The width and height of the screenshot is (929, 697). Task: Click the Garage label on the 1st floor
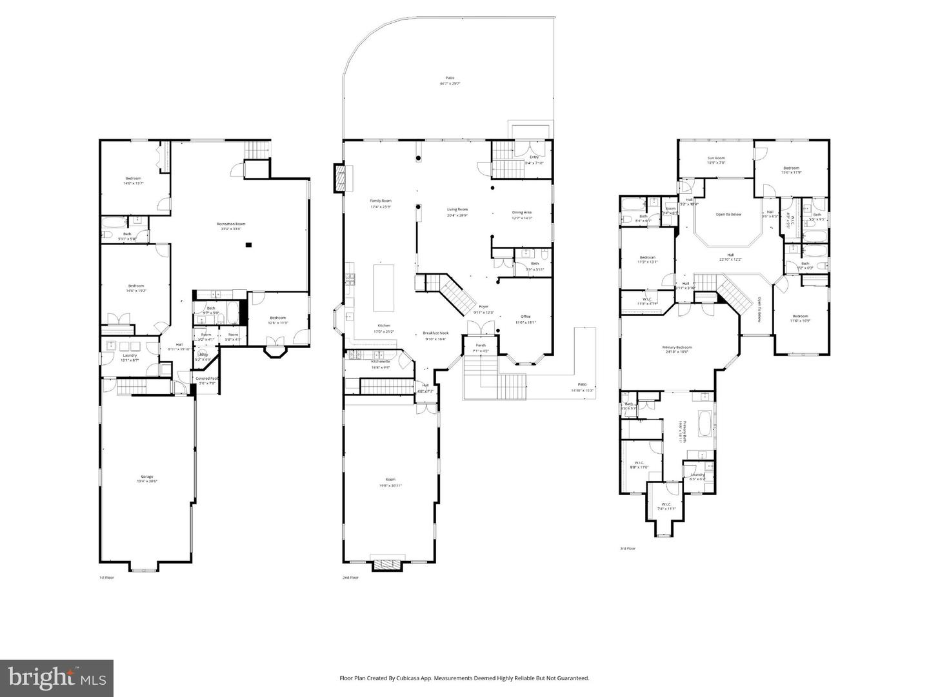coord(147,478)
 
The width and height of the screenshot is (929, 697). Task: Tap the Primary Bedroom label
coord(676,349)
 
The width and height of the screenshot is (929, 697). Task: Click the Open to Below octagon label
coord(729,214)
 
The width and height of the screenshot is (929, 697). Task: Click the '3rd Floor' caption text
coord(627,549)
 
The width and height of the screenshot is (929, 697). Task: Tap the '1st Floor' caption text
coord(106,578)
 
